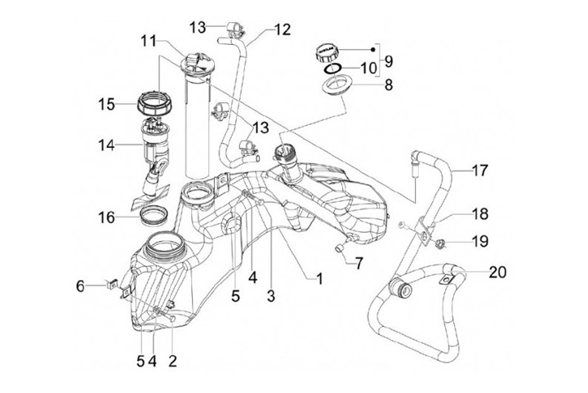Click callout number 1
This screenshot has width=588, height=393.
pyautogui.click(x=319, y=279)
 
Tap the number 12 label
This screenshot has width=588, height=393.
pyautogui.click(x=283, y=29)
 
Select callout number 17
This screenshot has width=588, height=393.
pyautogui.click(x=480, y=171)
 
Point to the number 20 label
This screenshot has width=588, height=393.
pyautogui.click(x=497, y=272)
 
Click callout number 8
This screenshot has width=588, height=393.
pyautogui.click(x=389, y=85)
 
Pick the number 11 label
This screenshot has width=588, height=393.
pyautogui.click(x=149, y=41)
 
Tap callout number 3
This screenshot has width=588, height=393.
pyautogui.click(x=271, y=296)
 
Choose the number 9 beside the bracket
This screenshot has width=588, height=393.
pyautogui.click(x=389, y=61)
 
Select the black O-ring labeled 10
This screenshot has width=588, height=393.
pyautogui.click(x=333, y=69)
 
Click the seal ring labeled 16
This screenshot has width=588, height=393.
pyautogui.click(x=154, y=216)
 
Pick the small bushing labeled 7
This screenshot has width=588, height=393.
pyautogui.click(x=341, y=249)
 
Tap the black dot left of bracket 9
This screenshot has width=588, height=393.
pyautogui.click(x=372, y=50)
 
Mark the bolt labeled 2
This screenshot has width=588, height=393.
pyautogui.click(x=170, y=315)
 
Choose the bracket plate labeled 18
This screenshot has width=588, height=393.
pyautogui.click(x=424, y=233)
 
